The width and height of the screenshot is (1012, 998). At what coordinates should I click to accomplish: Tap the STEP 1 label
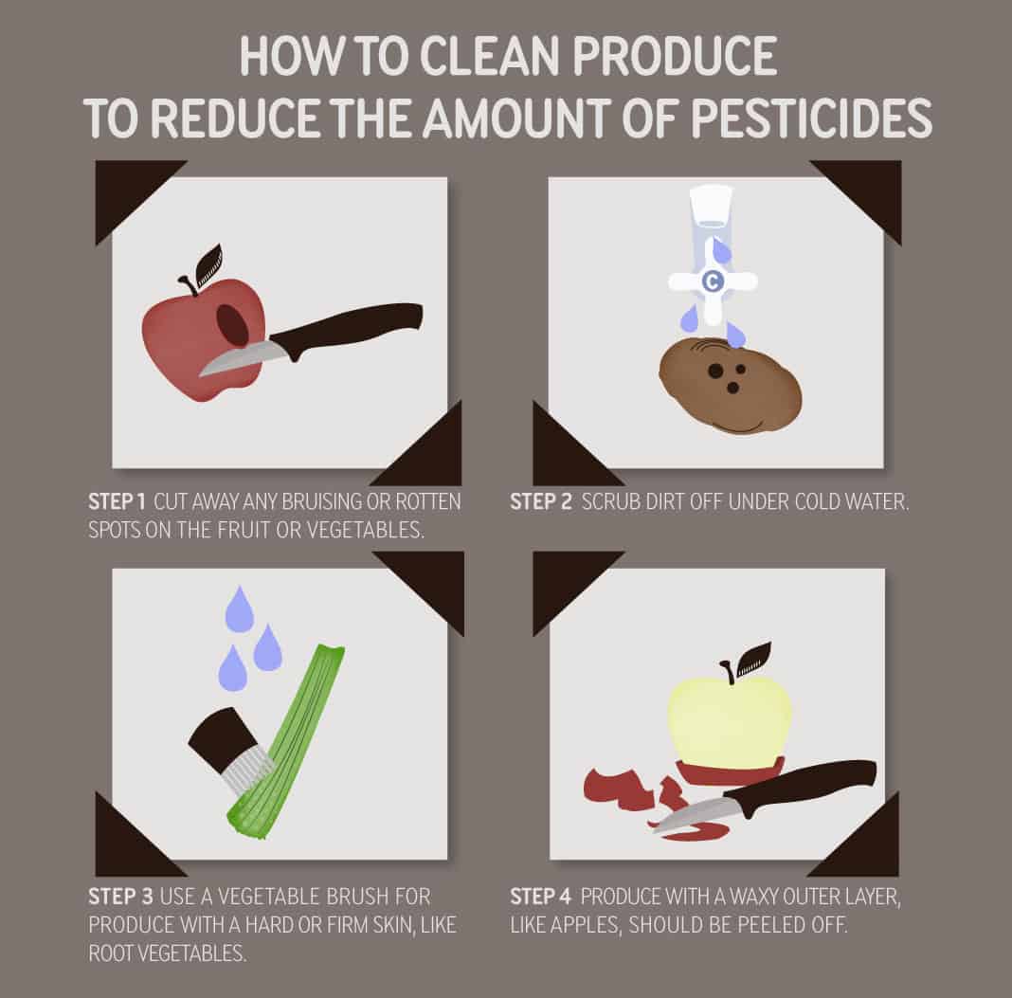[x=116, y=502]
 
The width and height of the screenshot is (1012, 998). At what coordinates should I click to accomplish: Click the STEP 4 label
[x=541, y=896]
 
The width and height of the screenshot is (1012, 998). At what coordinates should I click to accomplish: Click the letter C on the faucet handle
[x=712, y=281]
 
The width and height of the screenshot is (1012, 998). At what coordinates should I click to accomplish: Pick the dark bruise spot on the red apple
[x=233, y=326]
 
